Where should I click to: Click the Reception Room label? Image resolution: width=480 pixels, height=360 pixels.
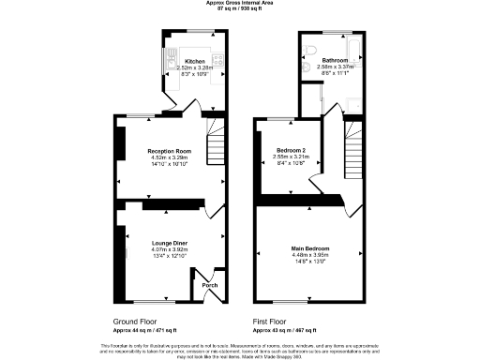pyautogui.click(x=170, y=151)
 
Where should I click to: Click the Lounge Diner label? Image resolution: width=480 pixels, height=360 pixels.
pyautogui.click(x=170, y=242)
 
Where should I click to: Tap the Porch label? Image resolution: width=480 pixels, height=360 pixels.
pyautogui.click(x=209, y=285)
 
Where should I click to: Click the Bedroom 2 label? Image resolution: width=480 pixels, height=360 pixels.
pyautogui.click(x=289, y=150)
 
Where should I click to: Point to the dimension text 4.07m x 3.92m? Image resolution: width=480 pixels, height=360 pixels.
pyautogui.click(x=170, y=248)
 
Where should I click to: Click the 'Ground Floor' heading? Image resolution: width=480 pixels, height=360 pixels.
pyautogui.click(x=131, y=321)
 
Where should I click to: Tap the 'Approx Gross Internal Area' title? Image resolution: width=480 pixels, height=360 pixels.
pyautogui.click(x=239, y=3)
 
